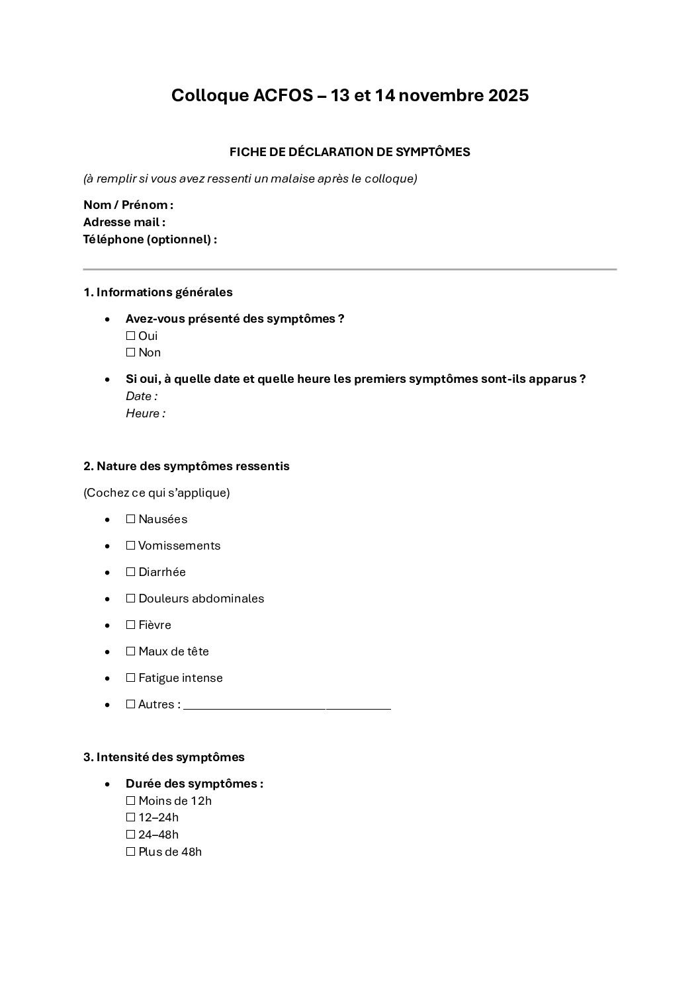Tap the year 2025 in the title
pyautogui.click(x=508, y=96)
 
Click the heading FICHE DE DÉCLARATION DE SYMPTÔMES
pyautogui.click(x=349, y=152)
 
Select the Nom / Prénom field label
pyautogui.click(x=128, y=205)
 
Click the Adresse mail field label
pyautogui.click(x=124, y=222)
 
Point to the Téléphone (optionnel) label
pyautogui.click(x=150, y=239)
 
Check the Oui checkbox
pyautogui.click(x=130, y=336)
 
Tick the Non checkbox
pyautogui.click(x=130, y=352)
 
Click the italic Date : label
pyautogui.click(x=142, y=396)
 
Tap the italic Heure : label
pyautogui.click(x=146, y=413)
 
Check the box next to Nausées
pyautogui.click(x=130, y=519)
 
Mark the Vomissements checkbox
pyautogui.click(x=130, y=546)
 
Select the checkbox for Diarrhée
pyautogui.click(x=130, y=572)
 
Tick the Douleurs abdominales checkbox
pyautogui.click(x=130, y=598)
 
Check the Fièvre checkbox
pyautogui.click(x=130, y=625)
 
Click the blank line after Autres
pyautogui.click(x=287, y=707)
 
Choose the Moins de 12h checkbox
pyautogui.click(x=130, y=801)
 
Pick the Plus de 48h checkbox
pyautogui.click(x=130, y=852)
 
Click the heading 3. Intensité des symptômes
pyautogui.click(x=164, y=757)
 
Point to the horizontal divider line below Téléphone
pyautogui.click(x=349, y=269)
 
